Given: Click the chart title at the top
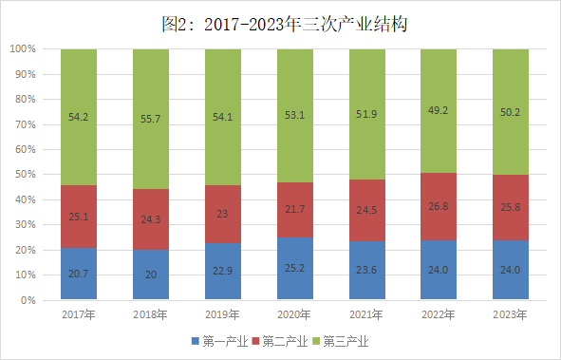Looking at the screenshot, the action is [x=285, y=25].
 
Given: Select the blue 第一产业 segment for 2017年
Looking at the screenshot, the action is [x=79, y=274].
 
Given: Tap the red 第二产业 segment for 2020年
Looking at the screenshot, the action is [x=295, y=210].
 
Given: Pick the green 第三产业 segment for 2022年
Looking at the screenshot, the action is [x=439, y=111].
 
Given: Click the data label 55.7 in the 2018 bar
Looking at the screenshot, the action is [x=151, y=119].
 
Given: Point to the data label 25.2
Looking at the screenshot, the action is [x=295, y=268].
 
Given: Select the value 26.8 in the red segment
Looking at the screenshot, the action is [x=439, y=206].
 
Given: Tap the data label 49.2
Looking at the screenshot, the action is [x=439, y=110].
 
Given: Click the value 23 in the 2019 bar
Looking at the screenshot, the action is [x=222, y=214].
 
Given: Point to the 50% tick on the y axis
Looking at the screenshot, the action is [x=26, y=175].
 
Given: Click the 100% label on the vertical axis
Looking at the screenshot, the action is [x=23, y=49].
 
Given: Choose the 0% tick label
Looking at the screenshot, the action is [x=28, y=300].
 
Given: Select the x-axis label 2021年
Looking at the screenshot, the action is [x=366, y=314].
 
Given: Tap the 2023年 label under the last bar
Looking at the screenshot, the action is [x=510, y=314].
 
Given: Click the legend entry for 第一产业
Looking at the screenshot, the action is [x=219, y=341].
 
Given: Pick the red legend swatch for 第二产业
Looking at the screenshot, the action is [x=255, y=341].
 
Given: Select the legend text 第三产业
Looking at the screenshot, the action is [x=346, y=341].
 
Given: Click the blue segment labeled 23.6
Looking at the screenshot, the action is [x=367, y=270].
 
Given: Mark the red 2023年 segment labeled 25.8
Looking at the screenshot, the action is [x=511, y=208].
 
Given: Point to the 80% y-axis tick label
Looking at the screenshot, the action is [x=26, y=99].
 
